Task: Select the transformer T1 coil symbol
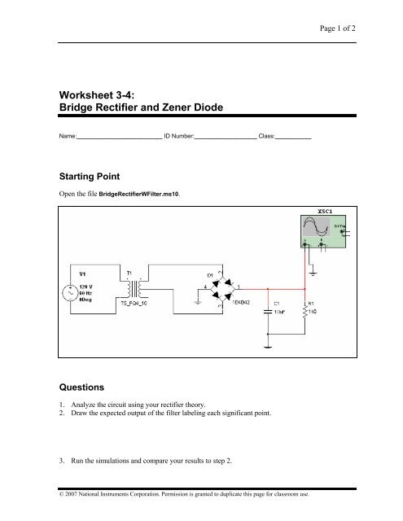click(x=134, y=289)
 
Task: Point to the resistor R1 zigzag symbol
click(x=305, y=316)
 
